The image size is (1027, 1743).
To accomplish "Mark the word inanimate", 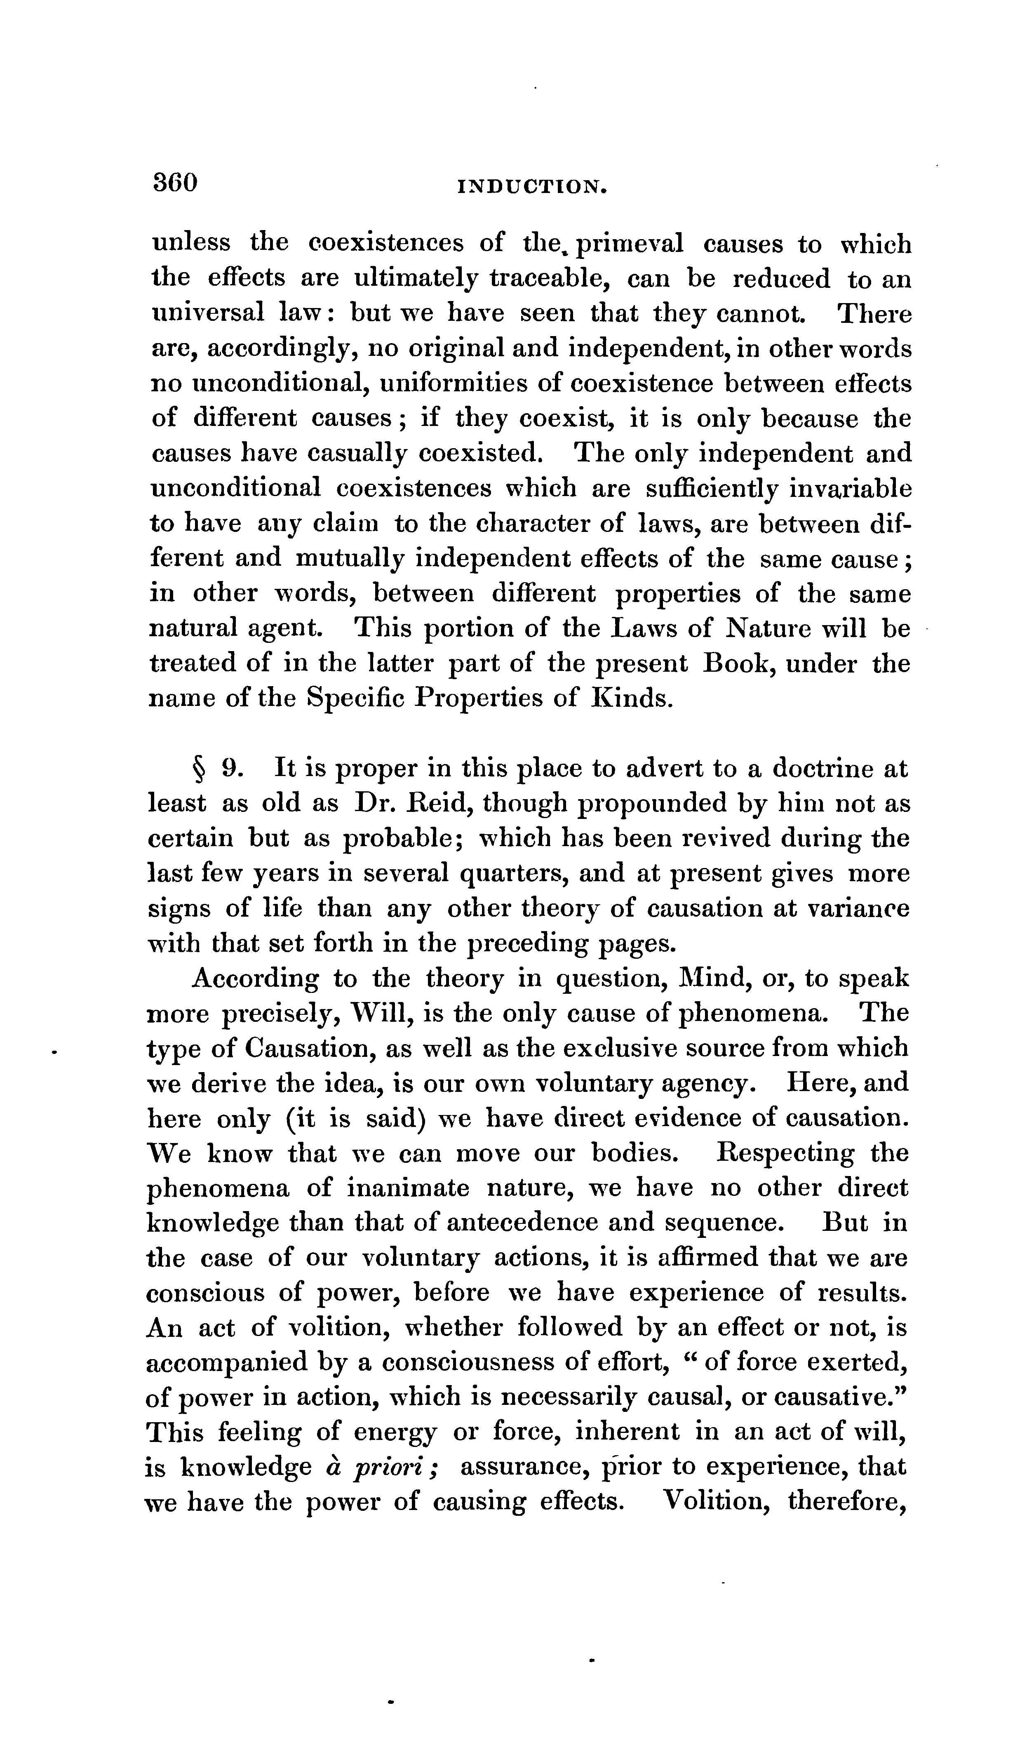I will pyautogui.click(x=408, y=1188).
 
